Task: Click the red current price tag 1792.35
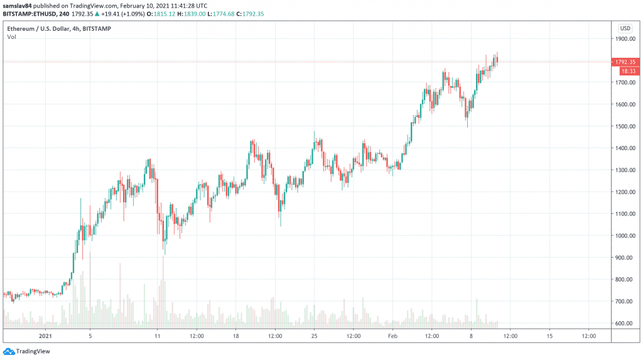tap(625, 62)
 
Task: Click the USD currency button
tap(625, 28)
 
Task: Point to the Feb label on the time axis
tap(392, 336)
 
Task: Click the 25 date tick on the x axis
tap(315, 336)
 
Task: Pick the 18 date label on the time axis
tap(235, 336)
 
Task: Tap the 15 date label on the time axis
tap(549, 336)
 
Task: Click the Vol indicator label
tap(11, 37)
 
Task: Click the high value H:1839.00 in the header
tap(188, 13)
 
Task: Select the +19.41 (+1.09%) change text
tap(127, 13)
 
